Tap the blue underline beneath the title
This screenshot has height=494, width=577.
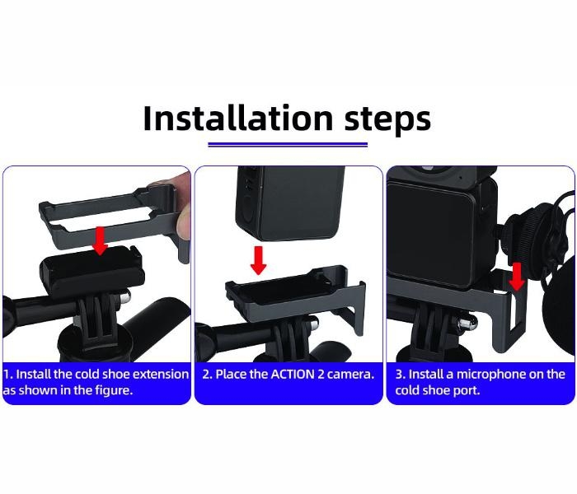pyautogui.click(x=288, y=144)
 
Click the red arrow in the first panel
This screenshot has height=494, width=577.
pyautogui.click(x=101, y=240)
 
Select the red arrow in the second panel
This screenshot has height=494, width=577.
pyautogui.click(x=259, y=259)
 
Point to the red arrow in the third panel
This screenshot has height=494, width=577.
pyautogui.click(x=517, y=276)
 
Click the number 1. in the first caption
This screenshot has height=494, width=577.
pyautogui.click(x=8, y=374)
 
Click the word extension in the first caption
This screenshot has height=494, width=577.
pyautogui.click(x=160, y=374)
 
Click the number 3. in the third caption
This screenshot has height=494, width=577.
pyautogui.click(x=400, y=374)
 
